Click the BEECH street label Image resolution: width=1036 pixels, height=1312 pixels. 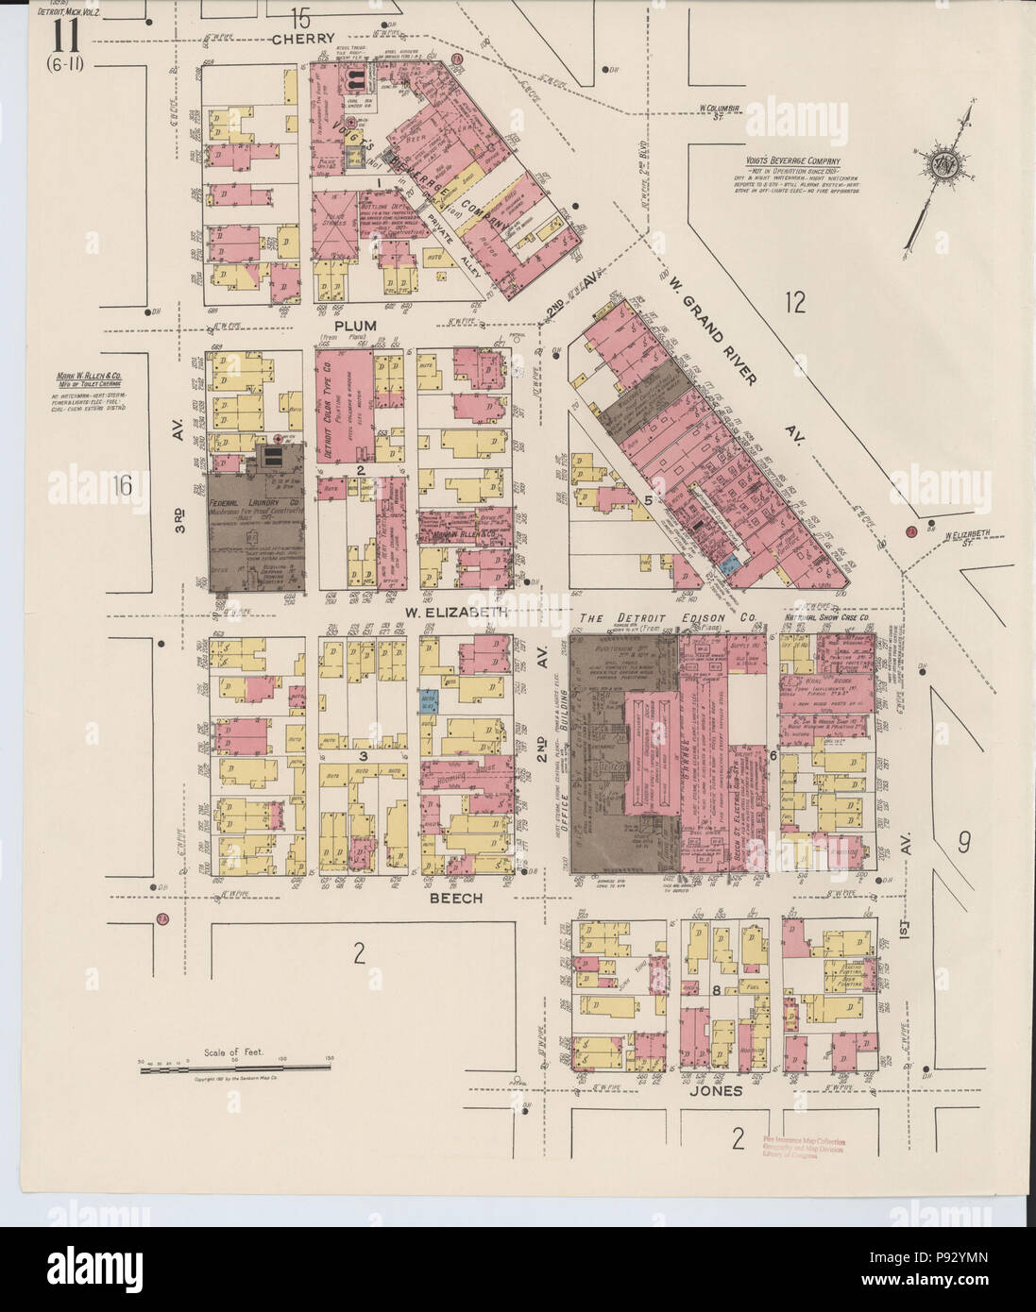click(x=457, y=899)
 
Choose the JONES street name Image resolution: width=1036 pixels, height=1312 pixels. click(x=721, y=1091)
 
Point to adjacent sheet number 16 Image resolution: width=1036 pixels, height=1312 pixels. click(x=120, y=485)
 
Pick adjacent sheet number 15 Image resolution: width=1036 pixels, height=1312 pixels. click(x=300, y=17)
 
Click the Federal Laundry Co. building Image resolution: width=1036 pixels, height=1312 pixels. click(x=252, y=524)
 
